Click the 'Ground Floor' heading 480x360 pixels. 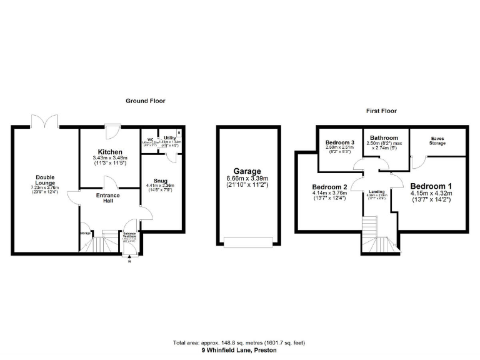pos(146,101)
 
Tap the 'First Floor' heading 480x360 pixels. pos(381,111)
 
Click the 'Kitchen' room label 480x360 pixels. pos(110,152)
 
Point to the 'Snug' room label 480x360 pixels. pos(161,180)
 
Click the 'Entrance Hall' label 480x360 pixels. pos(107,198)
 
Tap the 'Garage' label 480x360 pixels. pos(247,171)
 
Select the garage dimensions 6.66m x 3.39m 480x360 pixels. pos(247,178)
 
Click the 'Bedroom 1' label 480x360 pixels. pos(431,186)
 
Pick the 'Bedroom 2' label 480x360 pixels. pos(329,187)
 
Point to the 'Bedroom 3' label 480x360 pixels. pos(340,143)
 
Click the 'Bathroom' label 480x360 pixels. pos(384,137)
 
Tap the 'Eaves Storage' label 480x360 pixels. pos(437,141)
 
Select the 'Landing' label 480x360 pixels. pos(377,192)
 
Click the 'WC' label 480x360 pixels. pos(151,139)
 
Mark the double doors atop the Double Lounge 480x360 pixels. pos(46,120)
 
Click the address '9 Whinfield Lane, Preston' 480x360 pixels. pos(239,351)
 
